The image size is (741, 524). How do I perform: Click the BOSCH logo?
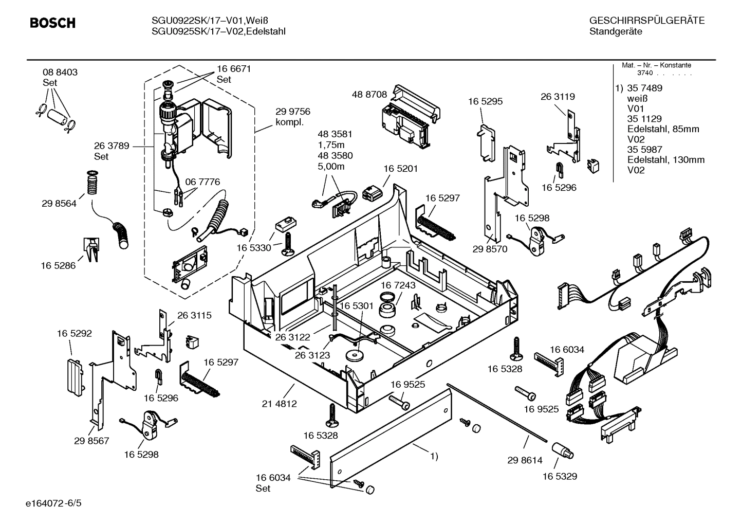point(52,23)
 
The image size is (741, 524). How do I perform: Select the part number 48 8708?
point(369,95)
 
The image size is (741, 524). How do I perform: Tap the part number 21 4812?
point(280,404)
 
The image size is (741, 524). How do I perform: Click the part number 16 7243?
point(398,285)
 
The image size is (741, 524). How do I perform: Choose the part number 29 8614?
point(525,460)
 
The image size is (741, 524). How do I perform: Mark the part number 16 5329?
point(560,476)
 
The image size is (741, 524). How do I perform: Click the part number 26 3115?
point(194,315)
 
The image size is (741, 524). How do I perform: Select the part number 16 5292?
point(74,333)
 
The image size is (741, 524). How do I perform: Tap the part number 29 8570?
point(490,249)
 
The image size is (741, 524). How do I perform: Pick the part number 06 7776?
point(202,182)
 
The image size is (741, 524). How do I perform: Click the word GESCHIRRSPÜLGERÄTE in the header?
point(646,21)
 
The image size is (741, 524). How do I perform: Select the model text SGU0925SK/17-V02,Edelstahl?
point(218,31)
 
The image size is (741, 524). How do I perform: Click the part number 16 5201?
point(400,169)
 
